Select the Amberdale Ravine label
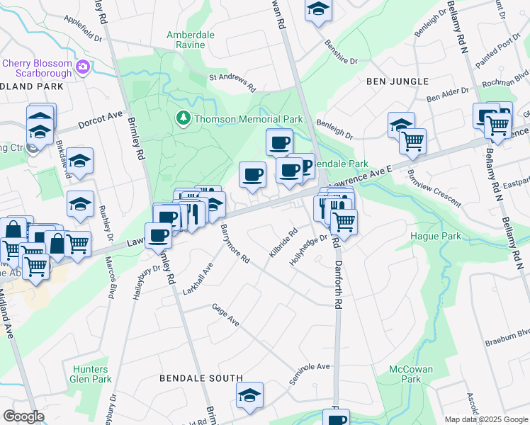(186, 40)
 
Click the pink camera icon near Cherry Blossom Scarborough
(84, 68)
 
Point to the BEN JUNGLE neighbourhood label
(397, 81)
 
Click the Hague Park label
(436, 236)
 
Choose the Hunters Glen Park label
(91, 374)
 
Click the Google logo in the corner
(24, 416)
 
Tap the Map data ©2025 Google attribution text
(487, 419)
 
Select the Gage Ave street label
(226, 315)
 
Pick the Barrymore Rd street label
(235, 244)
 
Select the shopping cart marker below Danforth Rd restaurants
(344, 222)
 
